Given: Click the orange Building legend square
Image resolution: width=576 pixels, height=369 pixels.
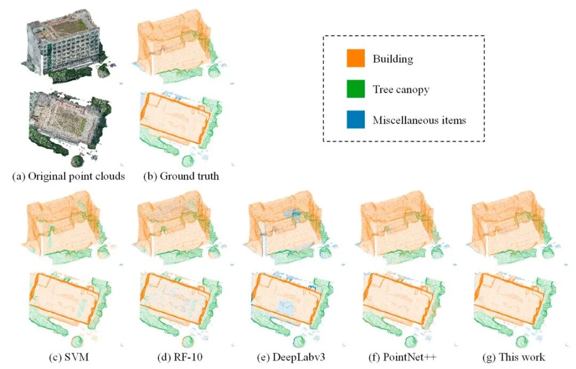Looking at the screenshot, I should pyautogui.click(x=356, y=59).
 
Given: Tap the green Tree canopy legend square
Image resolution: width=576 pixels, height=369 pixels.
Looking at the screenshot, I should pyautogui.click(x=356, y=89).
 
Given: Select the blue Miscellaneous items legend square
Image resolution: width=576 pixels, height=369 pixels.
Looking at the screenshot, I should pyautogui.click(x=356, y=120).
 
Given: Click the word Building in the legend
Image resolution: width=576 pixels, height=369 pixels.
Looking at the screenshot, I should pyautogui.click(x=393, y=59).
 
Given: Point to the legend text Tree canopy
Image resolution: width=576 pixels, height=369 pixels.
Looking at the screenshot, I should pyautogui.click(x=401, y=90).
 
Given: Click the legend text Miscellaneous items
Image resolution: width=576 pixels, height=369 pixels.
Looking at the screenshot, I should pyautogui.click(x=419, y=120).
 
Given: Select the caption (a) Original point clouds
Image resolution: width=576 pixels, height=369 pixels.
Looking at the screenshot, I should pyautogui.click(x=68, y=176).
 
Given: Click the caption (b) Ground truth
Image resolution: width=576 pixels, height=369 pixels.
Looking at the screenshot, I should pyautogui.click(x=181, y=176).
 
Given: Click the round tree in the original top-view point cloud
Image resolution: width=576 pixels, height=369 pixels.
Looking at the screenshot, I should pyautogui.click(x=78, y=160).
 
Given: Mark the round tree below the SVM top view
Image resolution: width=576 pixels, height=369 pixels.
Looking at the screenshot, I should pyautogui.click(x=78, y=341).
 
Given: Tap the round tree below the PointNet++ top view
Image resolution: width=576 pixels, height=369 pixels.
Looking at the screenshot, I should pyautogui.click(x=411, y=341).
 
